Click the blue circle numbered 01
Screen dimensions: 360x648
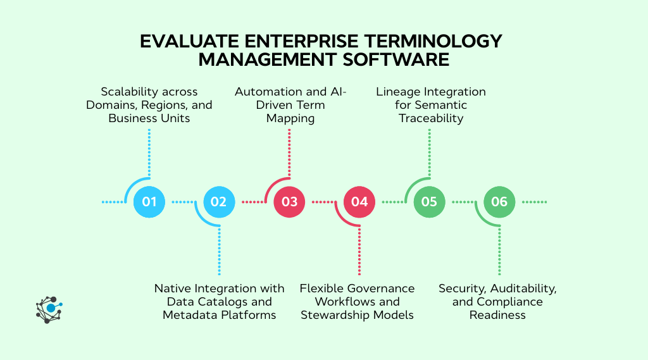click(149, 202)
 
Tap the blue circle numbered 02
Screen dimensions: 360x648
click(219, 202)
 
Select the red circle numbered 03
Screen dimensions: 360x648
click(289, 202)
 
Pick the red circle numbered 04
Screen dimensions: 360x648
click(359, 202)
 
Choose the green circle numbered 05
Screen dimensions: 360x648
click(429, 202)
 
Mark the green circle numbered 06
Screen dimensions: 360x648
click(499, 202)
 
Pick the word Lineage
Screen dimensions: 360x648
click(397, 92)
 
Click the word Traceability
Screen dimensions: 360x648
click(431, 118)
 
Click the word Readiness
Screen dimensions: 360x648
click(497, 315)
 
